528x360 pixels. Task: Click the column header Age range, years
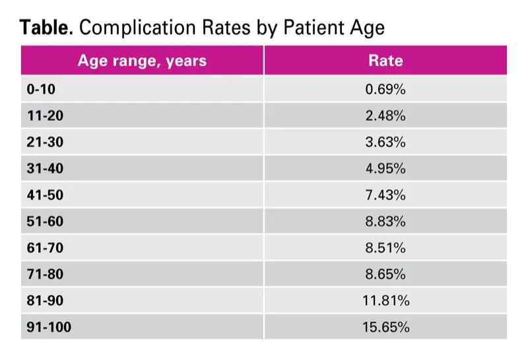coord(142,61)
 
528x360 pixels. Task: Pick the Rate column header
coord(385,61)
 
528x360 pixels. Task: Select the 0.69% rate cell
coord(385,89)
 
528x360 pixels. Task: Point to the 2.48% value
coord(385,116)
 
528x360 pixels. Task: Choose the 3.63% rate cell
coord(385,142)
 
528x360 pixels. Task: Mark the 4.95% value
coord(385,168)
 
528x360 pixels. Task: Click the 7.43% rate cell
coord(385,195)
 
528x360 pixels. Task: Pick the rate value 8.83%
coord(385,221)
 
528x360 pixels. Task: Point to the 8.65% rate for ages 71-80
coord(385,274)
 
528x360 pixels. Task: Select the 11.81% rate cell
coord(385,301)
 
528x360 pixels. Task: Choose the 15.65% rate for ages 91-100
coord(385,327)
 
